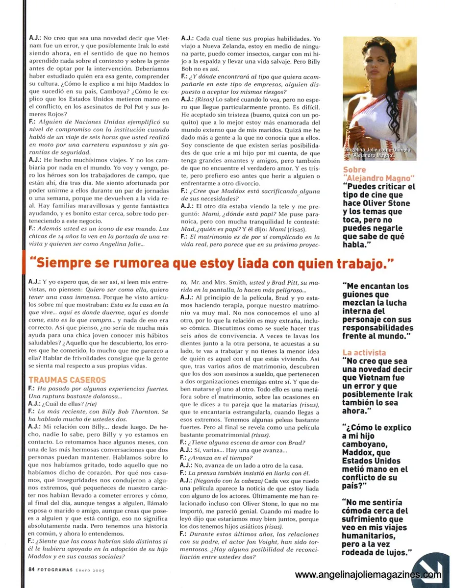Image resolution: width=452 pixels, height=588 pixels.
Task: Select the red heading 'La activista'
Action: pos(364,352)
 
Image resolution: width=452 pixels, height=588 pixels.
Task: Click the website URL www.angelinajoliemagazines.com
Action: pos(367,574)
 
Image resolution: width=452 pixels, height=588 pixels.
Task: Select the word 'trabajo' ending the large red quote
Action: pos(364,264)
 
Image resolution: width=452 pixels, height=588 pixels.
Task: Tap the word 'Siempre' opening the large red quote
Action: pos(65,264)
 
